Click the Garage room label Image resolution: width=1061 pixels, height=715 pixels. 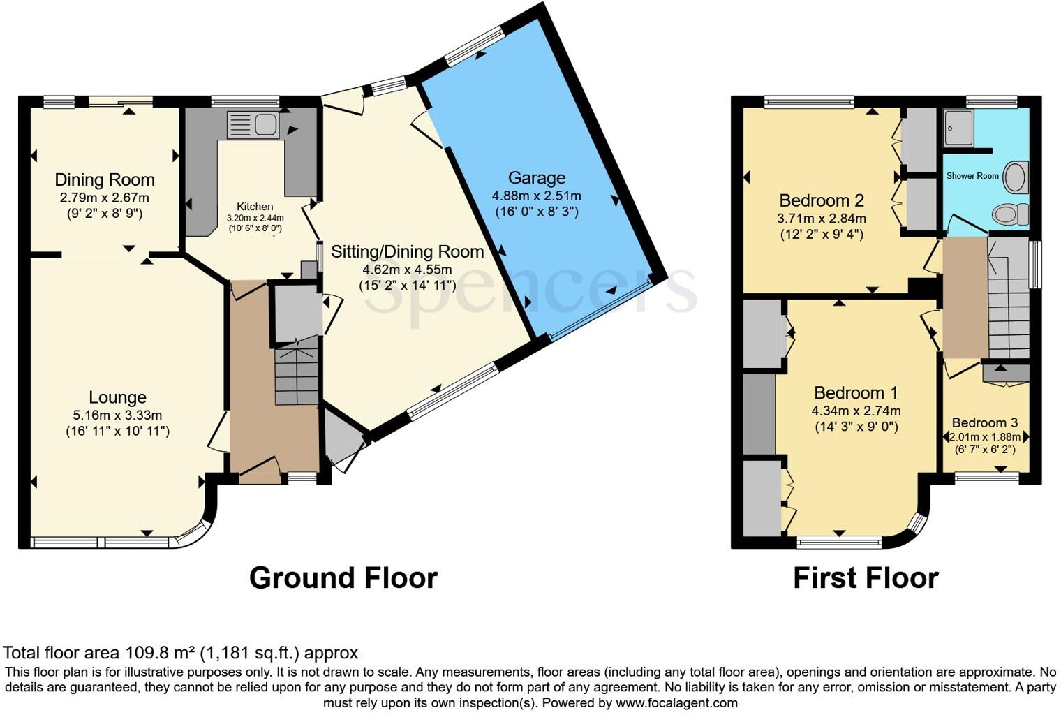click(x=536, y=177)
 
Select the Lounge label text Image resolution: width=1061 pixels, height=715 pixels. click(x=117, y=397)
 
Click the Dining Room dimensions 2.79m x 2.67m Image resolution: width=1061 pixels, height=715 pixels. click(x=105, y=198)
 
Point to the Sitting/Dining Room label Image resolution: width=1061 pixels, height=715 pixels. click(x=407, y=251)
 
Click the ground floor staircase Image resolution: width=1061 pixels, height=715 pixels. click(x=297, y=377)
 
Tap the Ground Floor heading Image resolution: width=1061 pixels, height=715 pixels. click(x=343, y=578)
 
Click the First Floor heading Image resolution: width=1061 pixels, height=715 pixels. click(x=866, y=578)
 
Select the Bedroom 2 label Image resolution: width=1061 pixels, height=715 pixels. click(x=822, y=200)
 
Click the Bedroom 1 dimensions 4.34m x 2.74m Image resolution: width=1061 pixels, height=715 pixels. click(x=856, y=411)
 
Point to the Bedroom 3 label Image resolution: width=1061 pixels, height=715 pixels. click(x=984, y=422)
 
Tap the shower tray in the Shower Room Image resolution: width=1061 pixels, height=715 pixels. click(x=958, y=128)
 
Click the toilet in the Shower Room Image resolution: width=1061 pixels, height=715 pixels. click(x=1009, y=214)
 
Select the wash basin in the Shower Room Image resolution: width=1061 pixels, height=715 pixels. click(x=1016, y=177)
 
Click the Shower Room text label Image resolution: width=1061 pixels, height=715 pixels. click(x=972, y=176)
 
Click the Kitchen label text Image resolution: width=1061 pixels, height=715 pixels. click(x=255, y=207)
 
